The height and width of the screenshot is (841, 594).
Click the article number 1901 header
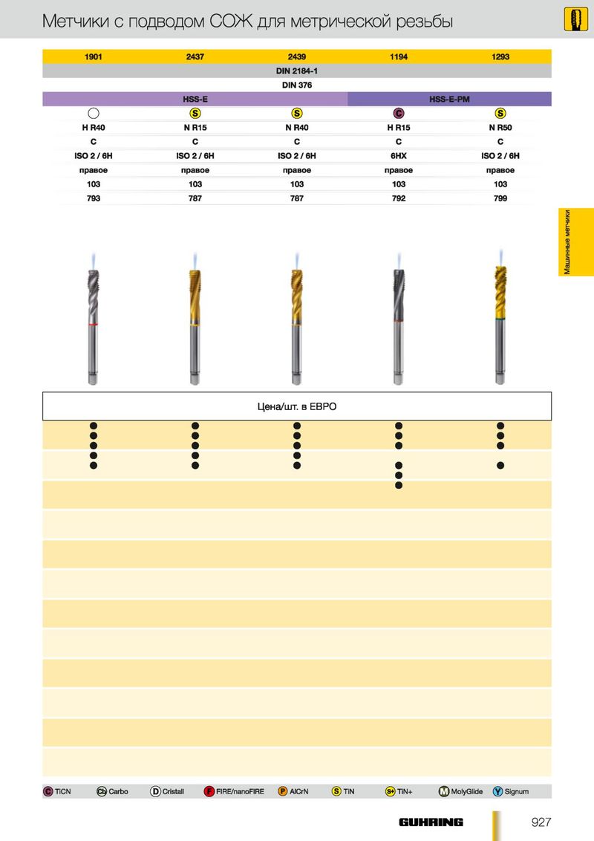tap(94, 56)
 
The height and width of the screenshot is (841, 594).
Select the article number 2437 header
tap(195, 56)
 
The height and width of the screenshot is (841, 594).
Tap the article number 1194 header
tap(399, 56)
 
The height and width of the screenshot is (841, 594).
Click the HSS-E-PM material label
tap(449, 100)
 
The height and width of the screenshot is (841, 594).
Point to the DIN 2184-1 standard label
tap(297, 71)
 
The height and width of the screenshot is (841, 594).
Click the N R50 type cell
tap(500, 128)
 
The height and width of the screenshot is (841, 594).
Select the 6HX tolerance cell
tap(399, 156)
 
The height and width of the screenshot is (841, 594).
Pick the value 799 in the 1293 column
tap(500, 198)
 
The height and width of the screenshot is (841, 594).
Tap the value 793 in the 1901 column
tap(94, 198)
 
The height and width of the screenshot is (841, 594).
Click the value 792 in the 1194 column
tap(399, 198)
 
